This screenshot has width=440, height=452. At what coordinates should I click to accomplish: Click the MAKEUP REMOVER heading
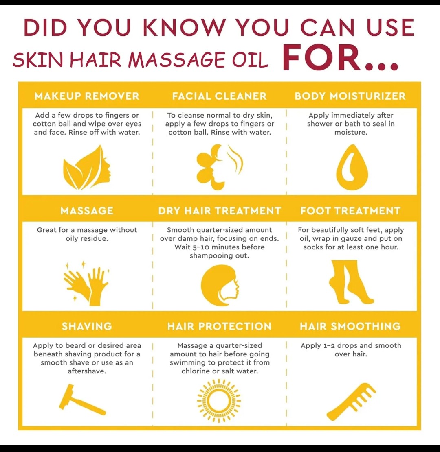click(x=87, y=96)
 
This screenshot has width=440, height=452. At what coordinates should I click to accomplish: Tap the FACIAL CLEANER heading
click(x=220, y=96)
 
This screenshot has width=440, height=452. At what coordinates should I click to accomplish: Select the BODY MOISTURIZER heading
click(x=350, y=96)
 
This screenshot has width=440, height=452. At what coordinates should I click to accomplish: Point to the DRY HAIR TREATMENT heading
click(x=220, y=211)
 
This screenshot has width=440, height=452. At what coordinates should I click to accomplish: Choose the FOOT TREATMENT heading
click(x=350, y=211)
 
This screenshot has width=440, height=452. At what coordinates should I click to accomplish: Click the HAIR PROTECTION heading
click(x=220, y=326)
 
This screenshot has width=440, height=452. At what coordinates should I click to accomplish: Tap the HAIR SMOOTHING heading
click(x=350, y=326)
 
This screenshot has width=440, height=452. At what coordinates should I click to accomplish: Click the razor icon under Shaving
click(x=82, y=400)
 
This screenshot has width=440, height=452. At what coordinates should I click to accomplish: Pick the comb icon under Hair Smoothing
click(x=351, y=402)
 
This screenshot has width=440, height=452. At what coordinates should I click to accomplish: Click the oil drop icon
click(x=352, y=167)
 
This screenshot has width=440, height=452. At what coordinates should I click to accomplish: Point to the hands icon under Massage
click(x=87, y=284)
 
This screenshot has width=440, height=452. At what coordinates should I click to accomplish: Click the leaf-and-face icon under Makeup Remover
click(x=87, y=168)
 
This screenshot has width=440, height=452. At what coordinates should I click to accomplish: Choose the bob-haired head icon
click(x=220, y=285)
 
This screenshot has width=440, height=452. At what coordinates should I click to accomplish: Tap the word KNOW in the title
click(x=184, y=28)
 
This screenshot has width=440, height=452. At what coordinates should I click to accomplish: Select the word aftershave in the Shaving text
click(x=87, y=371)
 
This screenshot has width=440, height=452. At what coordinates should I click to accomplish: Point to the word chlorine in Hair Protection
click(x=196, y=371)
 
